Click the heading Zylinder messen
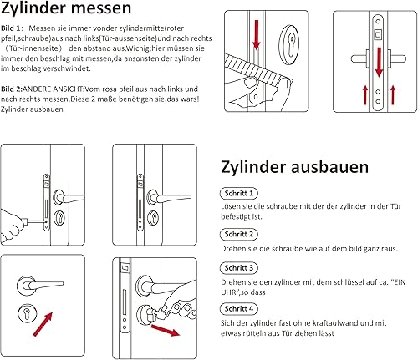click(x=66, y=8)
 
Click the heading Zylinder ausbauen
click(x=295, y=167)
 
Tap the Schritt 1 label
click(x=239, y=193)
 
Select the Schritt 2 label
click(x=239, y=234)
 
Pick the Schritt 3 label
click(x=239, y=268)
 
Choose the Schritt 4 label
click(x=239, y=308)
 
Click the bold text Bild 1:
click(x=11, y=28)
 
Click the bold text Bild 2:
click(x=11, y=89)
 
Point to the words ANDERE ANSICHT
click(x=53, y=89)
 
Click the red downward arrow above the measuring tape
click(x=257, y=34)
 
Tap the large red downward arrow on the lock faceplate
click(x=379, y=62)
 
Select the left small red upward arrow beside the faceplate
click(x=365, y=95)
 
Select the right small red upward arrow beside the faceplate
click(x=393, y=95)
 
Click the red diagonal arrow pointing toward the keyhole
click(x=43, y=324)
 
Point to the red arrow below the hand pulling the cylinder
click(x=166, y=330)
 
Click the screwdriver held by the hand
click(x=35, y=221)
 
